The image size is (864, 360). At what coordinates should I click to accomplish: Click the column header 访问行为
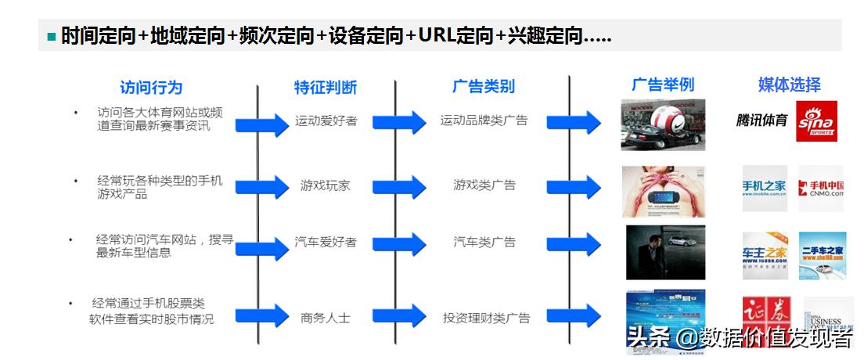pos(151,87)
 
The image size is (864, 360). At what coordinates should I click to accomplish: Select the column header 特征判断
pos(325,87)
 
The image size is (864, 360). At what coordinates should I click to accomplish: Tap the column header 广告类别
pos(484,86)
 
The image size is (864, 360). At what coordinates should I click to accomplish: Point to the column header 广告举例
pos(662,85)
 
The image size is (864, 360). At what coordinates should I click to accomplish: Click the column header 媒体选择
pos(789,85)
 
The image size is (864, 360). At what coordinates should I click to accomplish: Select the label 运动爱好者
pos(326,121)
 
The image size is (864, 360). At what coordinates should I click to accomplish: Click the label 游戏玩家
pos(326,185)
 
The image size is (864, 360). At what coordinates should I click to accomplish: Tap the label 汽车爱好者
pos(326,242)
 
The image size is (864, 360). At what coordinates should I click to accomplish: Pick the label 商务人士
pos(326,318)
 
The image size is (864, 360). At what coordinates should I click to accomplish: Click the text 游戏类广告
pos(484,185)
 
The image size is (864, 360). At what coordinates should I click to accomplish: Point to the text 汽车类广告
pos(484,242)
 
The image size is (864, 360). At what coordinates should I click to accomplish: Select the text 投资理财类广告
pos(486,318)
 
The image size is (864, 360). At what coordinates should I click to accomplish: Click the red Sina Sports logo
pos(816,121)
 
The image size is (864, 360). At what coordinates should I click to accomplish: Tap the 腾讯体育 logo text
pos(761,121)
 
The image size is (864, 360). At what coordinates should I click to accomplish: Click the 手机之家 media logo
pos(765,188)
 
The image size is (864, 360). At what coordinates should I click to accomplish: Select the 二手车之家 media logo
pos(822,254)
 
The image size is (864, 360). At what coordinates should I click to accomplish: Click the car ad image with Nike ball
pos(663,124)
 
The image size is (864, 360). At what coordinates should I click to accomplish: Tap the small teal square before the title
pos(52,37)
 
